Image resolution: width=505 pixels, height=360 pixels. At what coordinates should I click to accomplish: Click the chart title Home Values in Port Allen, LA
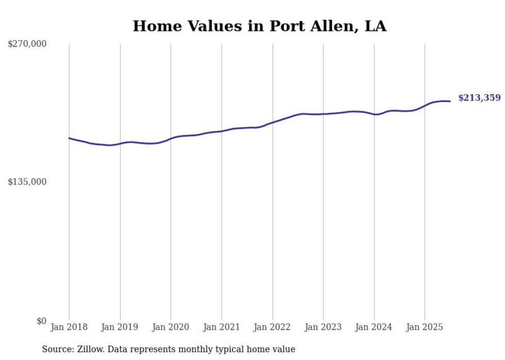click(259, 26)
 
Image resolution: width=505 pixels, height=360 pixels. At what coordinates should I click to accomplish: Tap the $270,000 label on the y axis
click(27, 44)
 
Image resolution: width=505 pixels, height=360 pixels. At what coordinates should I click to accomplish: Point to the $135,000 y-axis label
click(27, 182)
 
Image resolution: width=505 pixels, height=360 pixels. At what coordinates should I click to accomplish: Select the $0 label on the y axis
click(41, 321)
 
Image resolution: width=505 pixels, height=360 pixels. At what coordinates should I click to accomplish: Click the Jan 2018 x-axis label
click(69, 327)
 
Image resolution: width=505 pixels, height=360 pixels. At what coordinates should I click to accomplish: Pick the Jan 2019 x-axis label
click(120, 327)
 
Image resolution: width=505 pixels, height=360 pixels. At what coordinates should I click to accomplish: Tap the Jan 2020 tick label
click(171, 327)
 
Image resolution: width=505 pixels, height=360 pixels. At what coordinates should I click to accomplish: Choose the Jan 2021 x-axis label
click(222, 327)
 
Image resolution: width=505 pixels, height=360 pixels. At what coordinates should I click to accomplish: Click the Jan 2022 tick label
click(273, 327)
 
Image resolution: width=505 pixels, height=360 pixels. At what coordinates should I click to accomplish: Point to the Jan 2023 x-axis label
click(323, 327)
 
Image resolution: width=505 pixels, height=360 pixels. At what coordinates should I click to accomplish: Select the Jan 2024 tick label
click(374, 327)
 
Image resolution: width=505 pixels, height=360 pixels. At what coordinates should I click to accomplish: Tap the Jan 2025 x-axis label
click(425, 327)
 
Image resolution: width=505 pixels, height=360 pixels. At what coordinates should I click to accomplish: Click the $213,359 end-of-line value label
click(479, 98)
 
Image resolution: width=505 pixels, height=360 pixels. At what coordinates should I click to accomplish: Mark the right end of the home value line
click(450, 101)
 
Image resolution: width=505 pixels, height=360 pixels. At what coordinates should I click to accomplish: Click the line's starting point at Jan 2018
click(69, 138)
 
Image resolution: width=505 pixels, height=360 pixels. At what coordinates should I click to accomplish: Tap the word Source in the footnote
click(56, 350)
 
